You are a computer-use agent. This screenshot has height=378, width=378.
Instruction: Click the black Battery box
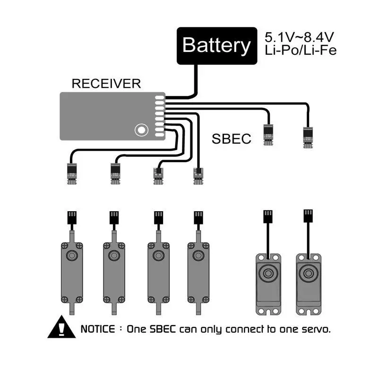(217, 46)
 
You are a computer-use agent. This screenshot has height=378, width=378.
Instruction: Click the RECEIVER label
(106, 84)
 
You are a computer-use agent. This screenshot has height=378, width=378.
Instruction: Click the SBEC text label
(231, 139)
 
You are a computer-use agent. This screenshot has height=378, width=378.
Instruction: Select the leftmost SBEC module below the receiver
(72, 172)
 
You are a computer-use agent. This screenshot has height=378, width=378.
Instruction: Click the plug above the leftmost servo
(71, 218)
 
